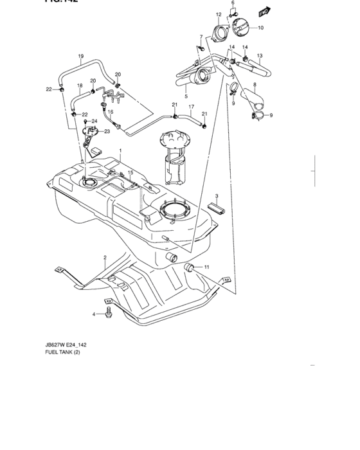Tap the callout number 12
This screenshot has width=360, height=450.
218,14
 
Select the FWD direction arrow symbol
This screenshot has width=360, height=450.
263,10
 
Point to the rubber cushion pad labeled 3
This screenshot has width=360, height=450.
217,209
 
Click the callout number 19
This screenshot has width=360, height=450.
81,56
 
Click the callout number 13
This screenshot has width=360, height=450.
260,56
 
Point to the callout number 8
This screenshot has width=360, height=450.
255,85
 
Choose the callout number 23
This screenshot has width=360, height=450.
107,131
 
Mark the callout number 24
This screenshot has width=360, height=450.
94,120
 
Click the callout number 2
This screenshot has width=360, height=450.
104,257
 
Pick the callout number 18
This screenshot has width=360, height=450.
80,85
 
